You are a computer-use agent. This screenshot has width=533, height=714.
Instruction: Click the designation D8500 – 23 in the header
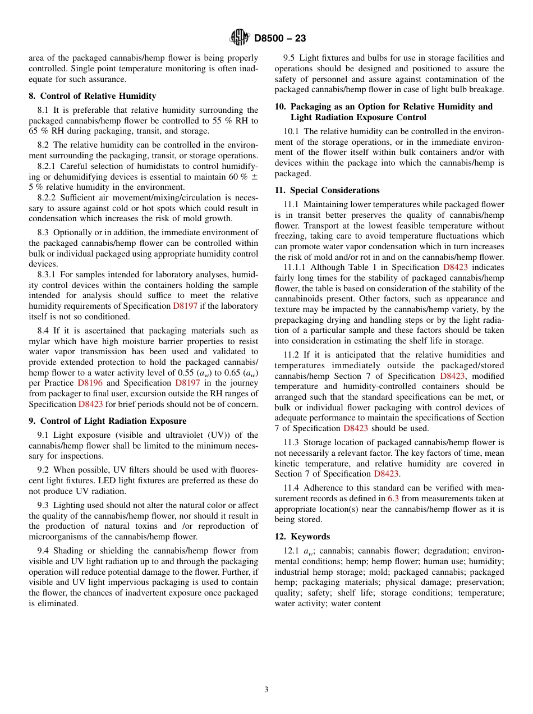pos(280,39)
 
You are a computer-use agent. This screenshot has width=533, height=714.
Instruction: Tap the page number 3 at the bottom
pos(266,690)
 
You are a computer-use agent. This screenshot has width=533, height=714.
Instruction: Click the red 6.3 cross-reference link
pos(394,498)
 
